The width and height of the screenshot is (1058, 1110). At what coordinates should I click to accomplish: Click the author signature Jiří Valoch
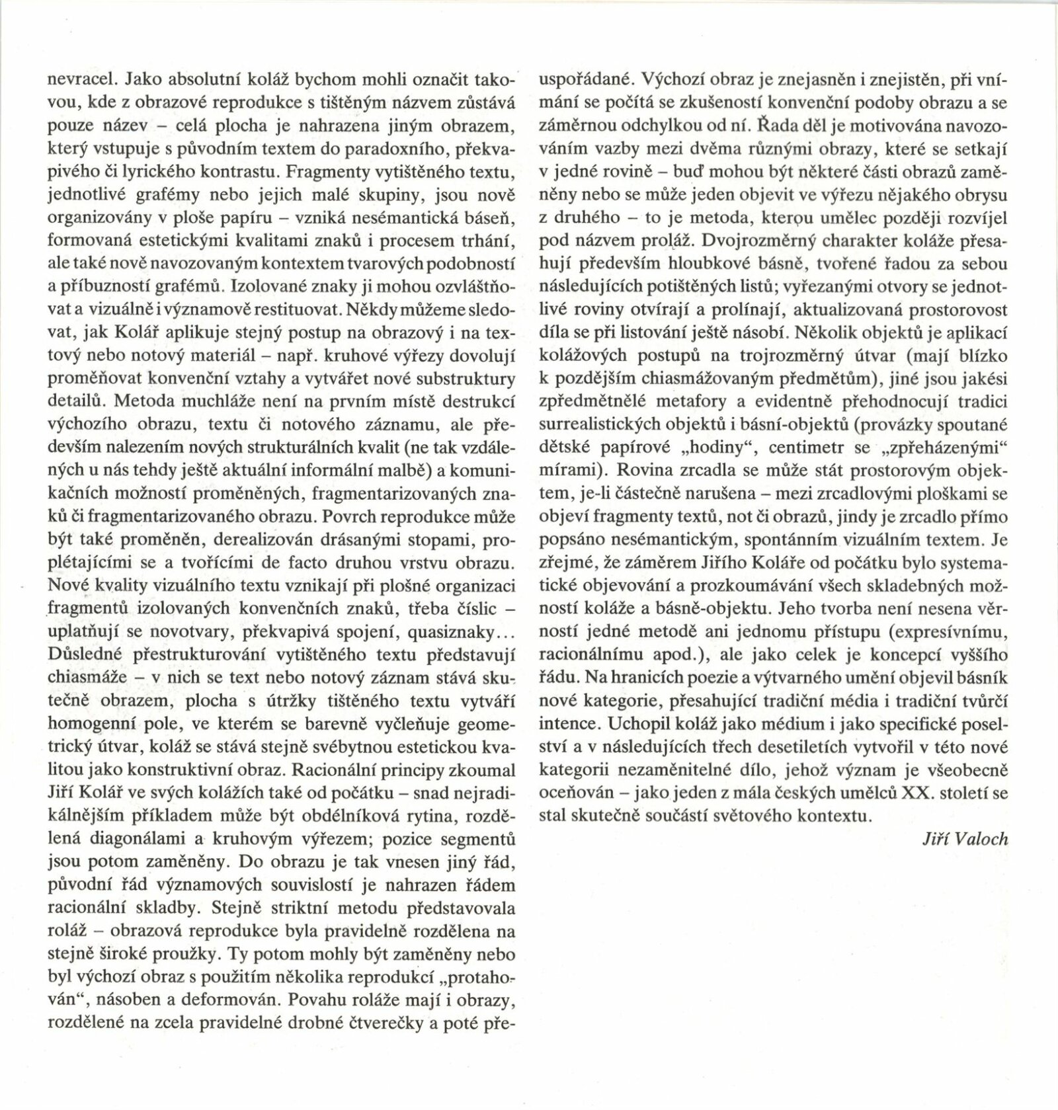(965, 839)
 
